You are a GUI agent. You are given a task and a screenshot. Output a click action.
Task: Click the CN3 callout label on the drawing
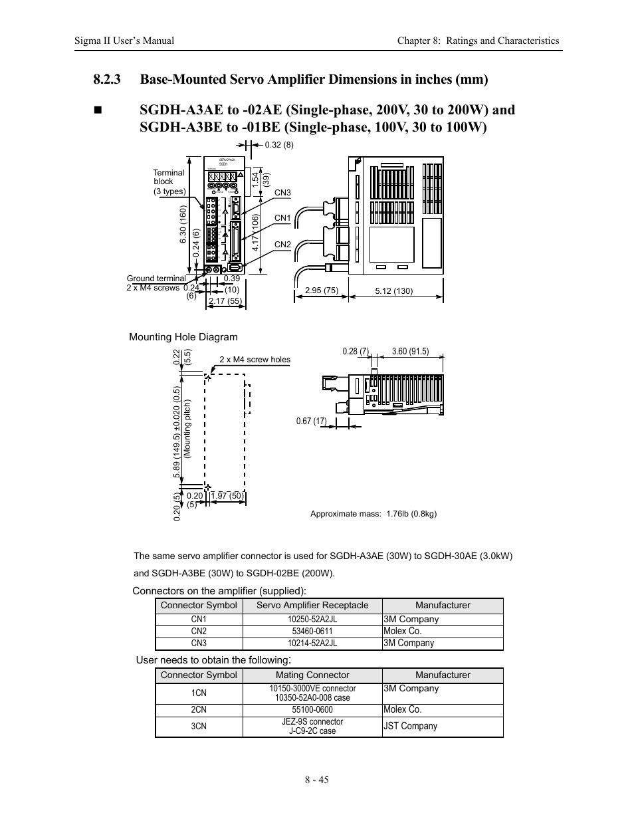282,193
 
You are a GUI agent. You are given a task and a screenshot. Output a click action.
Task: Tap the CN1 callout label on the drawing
282,218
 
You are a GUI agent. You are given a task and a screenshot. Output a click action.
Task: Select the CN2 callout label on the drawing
282,245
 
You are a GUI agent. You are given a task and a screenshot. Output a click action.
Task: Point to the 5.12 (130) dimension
394,291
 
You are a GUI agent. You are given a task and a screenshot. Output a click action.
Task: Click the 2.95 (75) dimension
322,291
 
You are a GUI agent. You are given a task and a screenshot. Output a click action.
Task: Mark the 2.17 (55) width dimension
225,301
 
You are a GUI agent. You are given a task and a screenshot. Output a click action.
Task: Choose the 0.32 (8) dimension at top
278,145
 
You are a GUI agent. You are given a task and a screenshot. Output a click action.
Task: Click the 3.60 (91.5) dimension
410,352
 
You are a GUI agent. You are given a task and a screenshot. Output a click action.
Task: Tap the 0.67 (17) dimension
311,421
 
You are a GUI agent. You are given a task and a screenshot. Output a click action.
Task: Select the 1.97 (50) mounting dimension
227,496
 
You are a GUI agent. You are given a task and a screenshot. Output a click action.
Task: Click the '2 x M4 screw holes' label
255,360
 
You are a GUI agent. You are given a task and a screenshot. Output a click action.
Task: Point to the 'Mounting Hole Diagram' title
183,337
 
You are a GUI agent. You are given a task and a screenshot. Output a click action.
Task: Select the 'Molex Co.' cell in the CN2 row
403,631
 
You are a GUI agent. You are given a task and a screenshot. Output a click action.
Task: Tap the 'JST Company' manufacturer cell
410,726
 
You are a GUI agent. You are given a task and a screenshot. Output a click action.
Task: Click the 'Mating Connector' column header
312,675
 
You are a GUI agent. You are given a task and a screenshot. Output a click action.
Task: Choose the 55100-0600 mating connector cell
312,710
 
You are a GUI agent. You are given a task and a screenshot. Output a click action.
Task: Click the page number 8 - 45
317,780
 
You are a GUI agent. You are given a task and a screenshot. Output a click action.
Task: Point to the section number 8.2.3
107,80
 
